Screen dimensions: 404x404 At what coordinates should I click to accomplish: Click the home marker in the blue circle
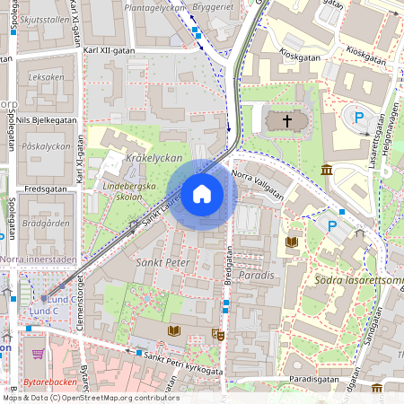point(202,194)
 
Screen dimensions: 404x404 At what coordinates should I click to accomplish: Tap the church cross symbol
point(287,119)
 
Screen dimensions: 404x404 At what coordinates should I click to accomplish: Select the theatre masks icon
point(216,334)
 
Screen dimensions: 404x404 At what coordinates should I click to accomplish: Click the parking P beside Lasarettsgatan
point(360,118)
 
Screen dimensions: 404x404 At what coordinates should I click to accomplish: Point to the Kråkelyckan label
point(154,158)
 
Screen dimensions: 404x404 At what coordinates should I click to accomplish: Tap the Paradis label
point(256,276)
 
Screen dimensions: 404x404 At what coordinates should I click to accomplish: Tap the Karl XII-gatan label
point(109,51)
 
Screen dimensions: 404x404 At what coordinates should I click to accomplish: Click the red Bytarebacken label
point(50,382)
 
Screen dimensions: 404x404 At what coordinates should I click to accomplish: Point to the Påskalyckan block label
point(46,144)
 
